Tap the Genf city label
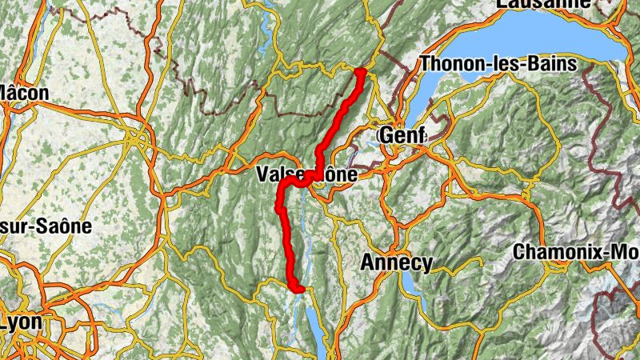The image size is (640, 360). pos(402,135)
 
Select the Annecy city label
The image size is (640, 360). pos(397,262)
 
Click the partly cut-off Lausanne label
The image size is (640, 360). pos(544,4)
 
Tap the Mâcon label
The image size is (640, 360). pos(24,93)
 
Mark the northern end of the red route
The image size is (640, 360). pos(360,73)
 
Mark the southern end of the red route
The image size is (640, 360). pos(300,290)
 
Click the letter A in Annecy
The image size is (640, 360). pos(369,262)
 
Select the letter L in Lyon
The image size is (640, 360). pos(7,322)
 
